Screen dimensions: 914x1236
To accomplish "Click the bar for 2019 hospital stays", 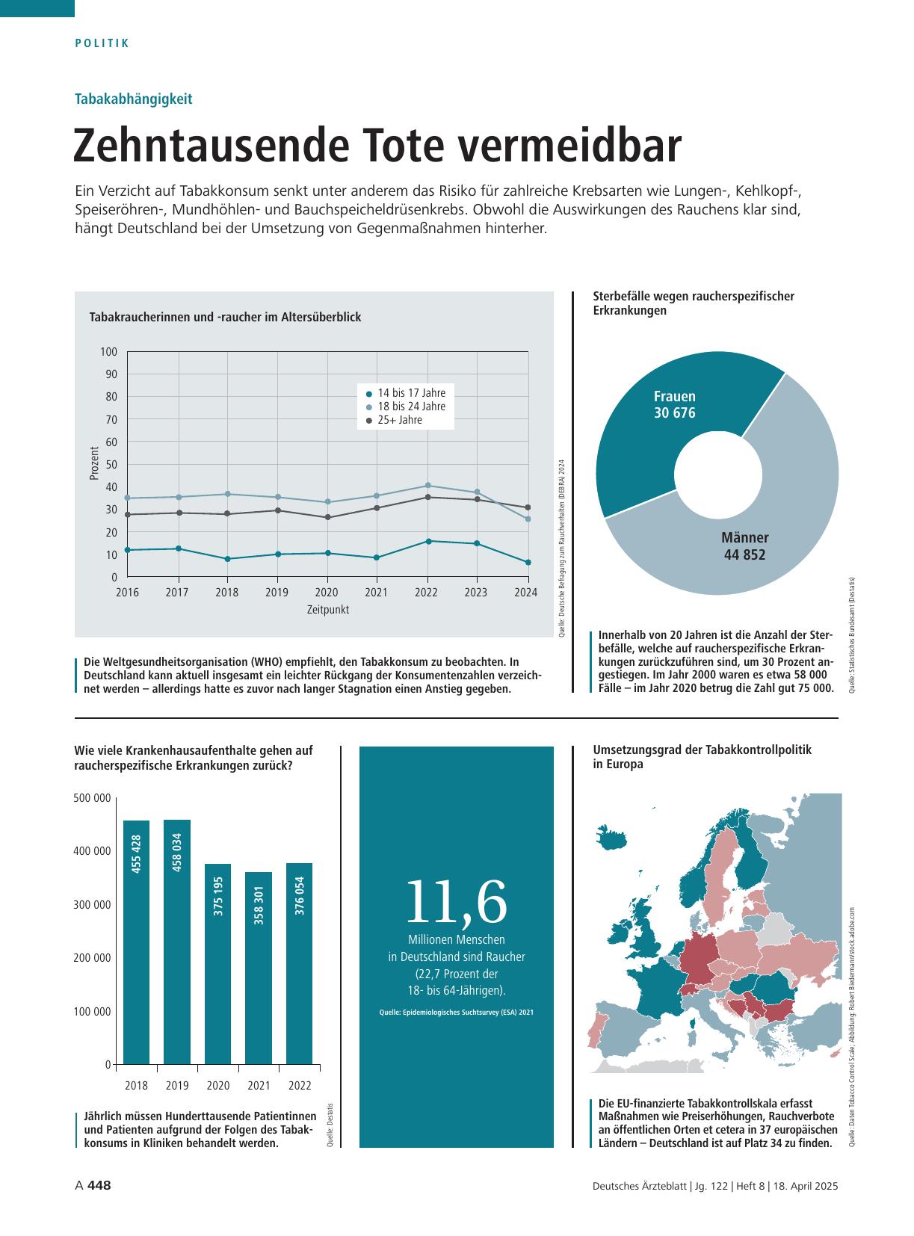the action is coord(176,942).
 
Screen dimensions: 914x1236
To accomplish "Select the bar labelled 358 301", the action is coord(259,968).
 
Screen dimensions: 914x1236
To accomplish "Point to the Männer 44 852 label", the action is coord(744,546).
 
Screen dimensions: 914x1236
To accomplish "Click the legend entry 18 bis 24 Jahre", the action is coord(406,407).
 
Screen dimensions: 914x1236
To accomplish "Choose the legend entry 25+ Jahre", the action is coord(394,420).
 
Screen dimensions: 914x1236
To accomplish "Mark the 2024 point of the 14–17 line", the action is coord(528,562).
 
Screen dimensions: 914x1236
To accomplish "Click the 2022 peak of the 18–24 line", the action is coord(427,486).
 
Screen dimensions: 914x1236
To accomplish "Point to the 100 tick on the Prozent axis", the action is coord(108,352).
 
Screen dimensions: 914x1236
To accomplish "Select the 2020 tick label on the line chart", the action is coord(327,592).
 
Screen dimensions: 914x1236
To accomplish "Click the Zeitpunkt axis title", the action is coord(327,609).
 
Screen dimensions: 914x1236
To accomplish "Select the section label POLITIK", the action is coord(102,43).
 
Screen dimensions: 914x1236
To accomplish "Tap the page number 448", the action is coord(99,1185).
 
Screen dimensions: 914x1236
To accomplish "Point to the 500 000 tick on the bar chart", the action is coord(92,798).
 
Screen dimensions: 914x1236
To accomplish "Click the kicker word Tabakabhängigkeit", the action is coord(133,99).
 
